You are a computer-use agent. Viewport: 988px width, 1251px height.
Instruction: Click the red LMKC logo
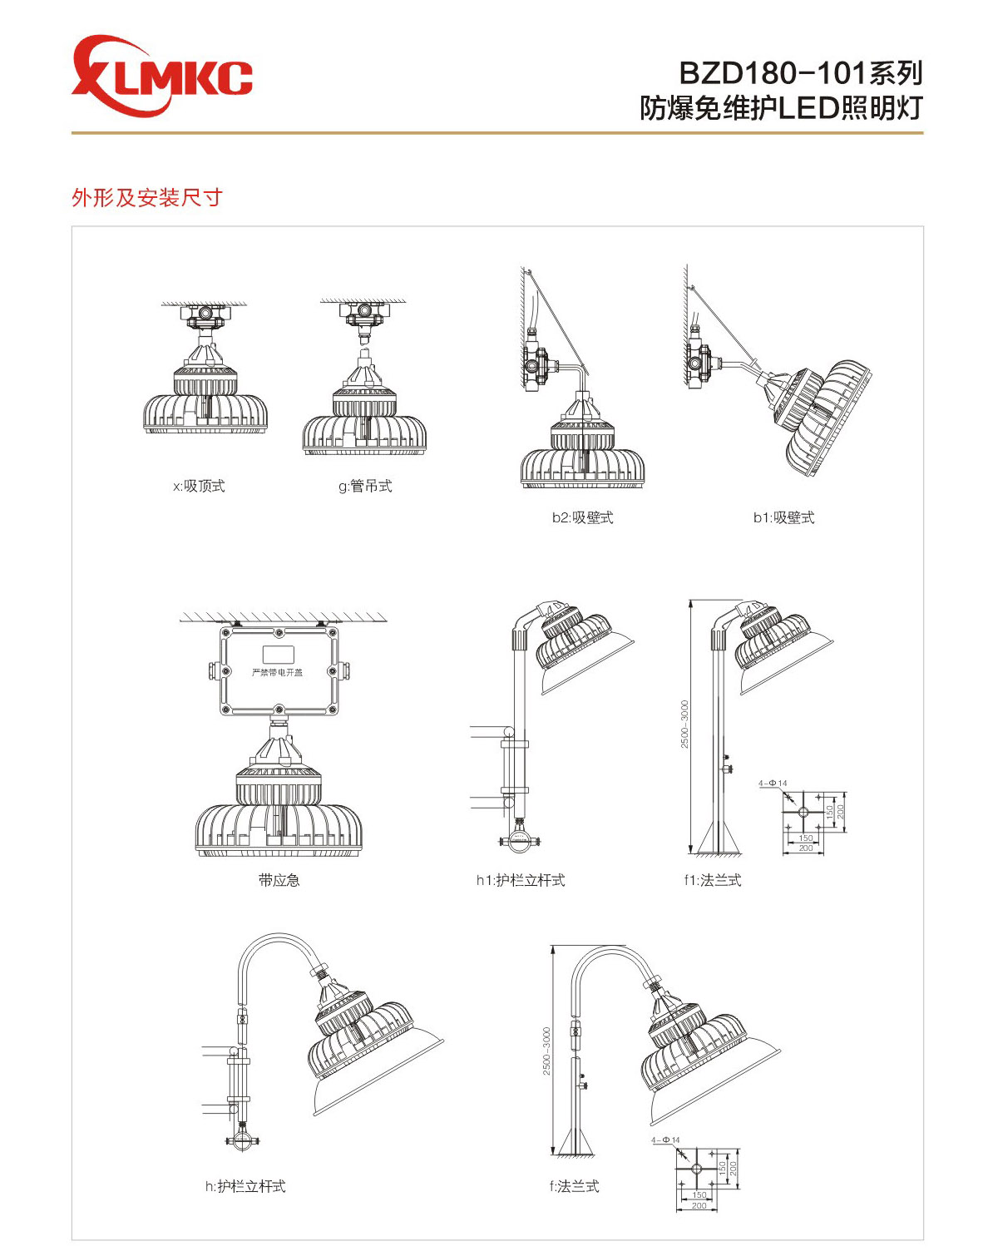(161, 76)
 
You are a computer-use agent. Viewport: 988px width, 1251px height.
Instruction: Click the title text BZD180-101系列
(800, 73)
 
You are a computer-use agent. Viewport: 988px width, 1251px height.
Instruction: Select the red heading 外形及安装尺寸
(147, 198)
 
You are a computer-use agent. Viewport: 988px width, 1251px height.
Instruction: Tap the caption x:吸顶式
(199, 487)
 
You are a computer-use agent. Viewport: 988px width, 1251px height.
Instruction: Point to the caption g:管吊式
(365, 487)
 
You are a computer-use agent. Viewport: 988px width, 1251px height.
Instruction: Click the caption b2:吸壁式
(582, 517)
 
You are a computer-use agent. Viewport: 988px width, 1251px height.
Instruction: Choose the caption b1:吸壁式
(783, 517)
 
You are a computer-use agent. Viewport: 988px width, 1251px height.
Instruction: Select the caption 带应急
(279, 880)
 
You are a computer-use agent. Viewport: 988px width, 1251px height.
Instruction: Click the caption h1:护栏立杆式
(521, 880)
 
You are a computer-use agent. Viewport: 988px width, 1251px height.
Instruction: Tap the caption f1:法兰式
(713, 880)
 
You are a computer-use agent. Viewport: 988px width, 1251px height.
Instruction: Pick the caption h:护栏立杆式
(245, 1186)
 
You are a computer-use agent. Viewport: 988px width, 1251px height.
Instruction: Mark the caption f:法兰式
(574, 1186)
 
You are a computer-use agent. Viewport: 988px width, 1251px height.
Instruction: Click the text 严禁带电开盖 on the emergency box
(278, 672)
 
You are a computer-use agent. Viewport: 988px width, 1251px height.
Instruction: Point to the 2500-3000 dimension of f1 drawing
(684, 724)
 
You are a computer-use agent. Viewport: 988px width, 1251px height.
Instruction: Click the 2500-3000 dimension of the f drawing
(546, 1051)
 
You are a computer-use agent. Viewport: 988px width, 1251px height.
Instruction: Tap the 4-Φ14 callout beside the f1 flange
(772, 784)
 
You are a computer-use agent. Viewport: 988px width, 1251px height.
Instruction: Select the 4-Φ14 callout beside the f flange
(664, 1140)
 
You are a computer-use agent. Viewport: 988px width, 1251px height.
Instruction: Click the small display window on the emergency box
(278, 654)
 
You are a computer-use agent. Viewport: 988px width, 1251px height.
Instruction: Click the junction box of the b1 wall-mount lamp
(699, 363)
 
